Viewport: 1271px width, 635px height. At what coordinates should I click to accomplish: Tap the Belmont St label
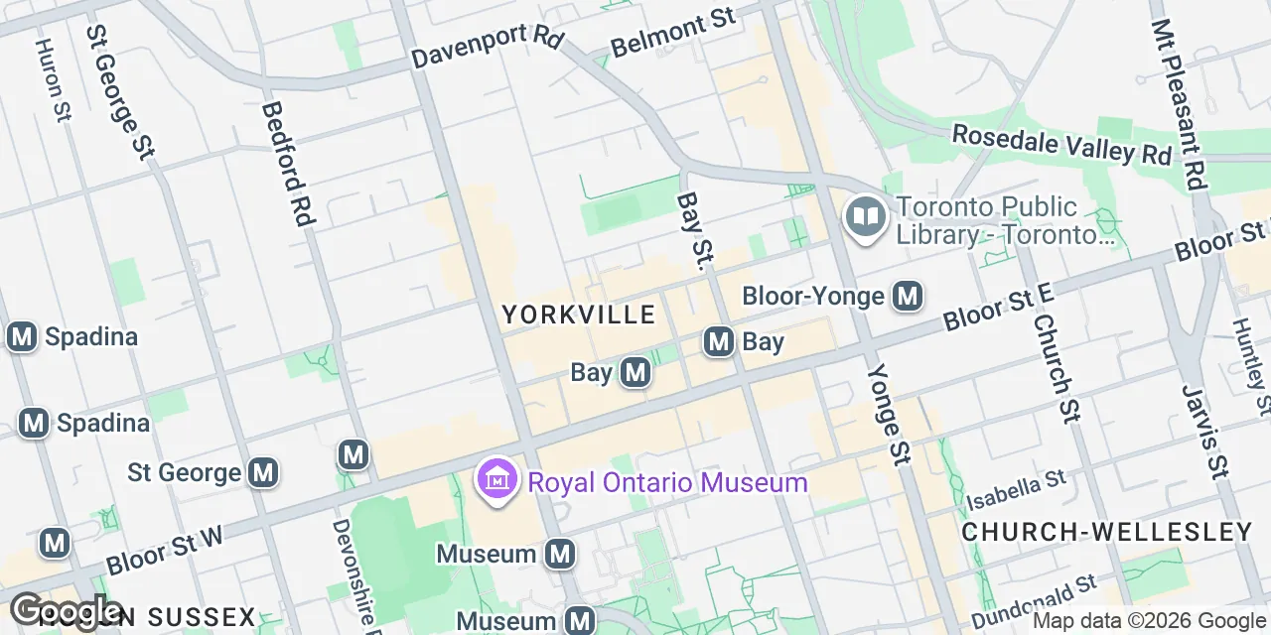click(672, 34)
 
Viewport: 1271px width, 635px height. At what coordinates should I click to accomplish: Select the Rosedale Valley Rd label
click(1061, 145)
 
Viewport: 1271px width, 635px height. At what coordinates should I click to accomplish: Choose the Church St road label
click(1056, 368)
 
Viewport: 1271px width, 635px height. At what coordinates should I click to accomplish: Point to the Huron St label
click(52, 79)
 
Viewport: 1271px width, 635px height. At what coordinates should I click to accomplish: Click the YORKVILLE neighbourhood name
click(578, 316)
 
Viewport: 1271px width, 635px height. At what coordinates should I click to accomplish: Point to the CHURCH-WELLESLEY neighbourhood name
click(1107, 532)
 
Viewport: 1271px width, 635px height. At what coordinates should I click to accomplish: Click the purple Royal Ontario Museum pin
click(497, 481)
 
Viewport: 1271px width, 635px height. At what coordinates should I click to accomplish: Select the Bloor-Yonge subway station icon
click(908, 296)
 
